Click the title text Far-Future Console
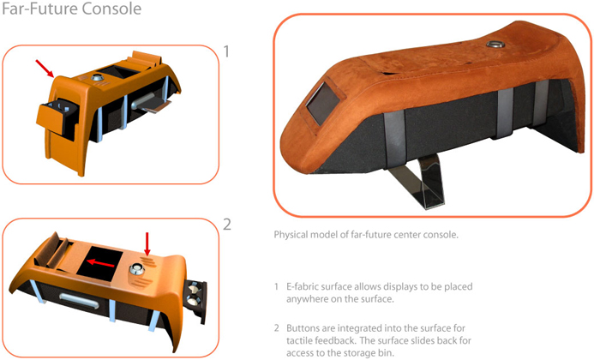(x=72, y=9)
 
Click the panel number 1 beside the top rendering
(x=226, y=51)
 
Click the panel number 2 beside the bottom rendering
(x=227, y=225)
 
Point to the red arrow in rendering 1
(x=45, y=69)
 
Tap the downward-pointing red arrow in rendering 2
(x=147, y=244)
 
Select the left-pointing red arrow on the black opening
(x=100, y=262)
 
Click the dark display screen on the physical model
(x=323, y=103)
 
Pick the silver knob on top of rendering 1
(x=98, y=78)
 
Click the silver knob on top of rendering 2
(x=137, y=269)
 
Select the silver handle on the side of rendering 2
(x=79, y=300)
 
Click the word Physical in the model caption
(x=291, y=235)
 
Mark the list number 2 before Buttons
(x=277, y=327)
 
